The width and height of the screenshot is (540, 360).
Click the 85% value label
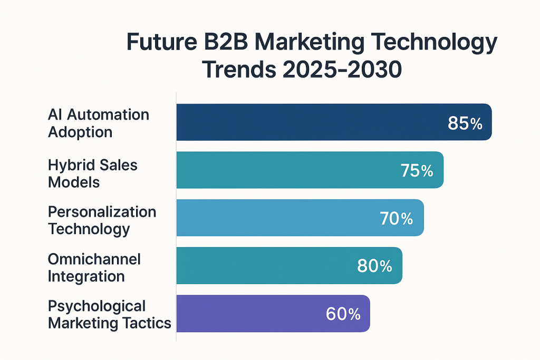coord(465,123)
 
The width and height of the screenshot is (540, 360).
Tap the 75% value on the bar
coord(417,171)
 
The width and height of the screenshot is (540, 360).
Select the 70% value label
coord(396,218)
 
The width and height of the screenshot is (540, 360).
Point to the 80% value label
coord(374,266)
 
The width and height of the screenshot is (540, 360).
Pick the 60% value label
coord(343,314)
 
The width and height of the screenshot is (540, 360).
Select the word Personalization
coord(102,212)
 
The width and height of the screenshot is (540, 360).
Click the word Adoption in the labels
coord(80,132)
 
